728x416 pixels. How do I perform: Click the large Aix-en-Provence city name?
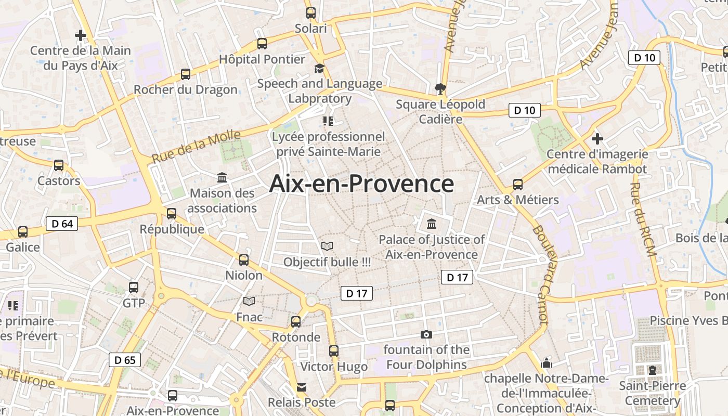[361, 184]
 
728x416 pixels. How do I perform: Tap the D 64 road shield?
[62, 224]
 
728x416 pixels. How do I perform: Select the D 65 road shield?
[125, 359]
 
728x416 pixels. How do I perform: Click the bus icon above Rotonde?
[296, 322]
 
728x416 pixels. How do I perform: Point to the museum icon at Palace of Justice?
[432, 224]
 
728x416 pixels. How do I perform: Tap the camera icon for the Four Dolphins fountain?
[426, 334]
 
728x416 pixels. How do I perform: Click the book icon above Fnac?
[250, 301]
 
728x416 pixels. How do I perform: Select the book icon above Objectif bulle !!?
[327, 246]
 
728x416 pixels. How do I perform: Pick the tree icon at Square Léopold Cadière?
[440, 88]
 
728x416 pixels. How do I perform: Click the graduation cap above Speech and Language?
[319, 68]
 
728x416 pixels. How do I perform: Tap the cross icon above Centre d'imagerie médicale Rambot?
[597, 139]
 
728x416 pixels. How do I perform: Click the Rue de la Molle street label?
[196, 147]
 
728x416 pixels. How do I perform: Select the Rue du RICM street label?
[643, 219]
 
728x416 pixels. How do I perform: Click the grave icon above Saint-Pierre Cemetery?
[652, 370]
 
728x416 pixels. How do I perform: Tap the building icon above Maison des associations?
[223, 178]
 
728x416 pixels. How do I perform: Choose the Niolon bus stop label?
[244, 275]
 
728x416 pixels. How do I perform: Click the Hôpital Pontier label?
[262, 59]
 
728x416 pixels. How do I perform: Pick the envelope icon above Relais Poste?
[302, 387]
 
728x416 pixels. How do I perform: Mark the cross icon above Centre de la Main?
[81, 35]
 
